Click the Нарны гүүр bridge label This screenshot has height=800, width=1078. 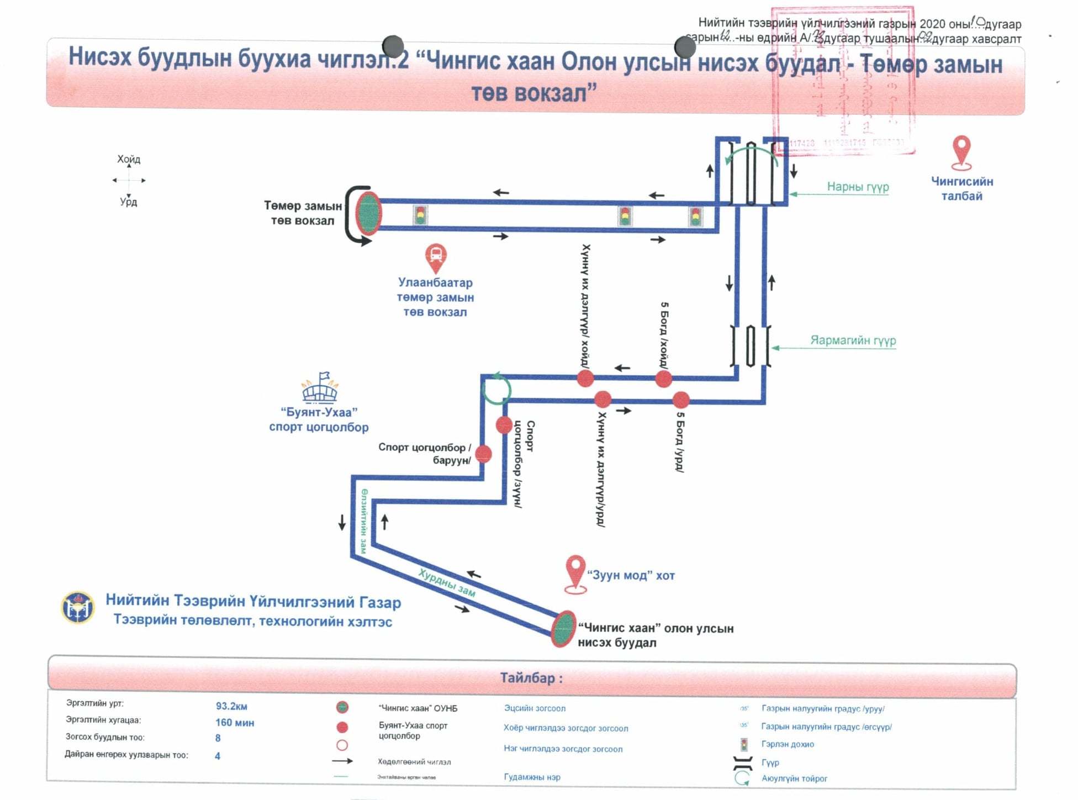tap(857, 187)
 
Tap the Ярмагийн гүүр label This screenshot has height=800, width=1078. tap(853, 340)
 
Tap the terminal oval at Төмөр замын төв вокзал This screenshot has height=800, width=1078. tap(368, 213)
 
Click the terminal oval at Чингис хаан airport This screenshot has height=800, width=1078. tap(563, 628)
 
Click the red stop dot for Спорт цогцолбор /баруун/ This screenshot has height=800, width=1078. tap(483, 454)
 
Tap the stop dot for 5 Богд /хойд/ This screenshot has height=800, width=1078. tap(663, 379)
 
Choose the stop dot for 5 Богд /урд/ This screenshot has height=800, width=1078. tap(681, 399)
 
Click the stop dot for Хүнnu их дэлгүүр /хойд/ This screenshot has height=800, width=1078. tap(585, 378)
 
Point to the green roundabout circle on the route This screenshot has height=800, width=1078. tap(496, 389)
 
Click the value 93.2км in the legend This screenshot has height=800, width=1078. tap(231, 706)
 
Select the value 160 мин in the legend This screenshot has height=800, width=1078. tap(235, 723)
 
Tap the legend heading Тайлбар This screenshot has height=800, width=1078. tap(531, 678)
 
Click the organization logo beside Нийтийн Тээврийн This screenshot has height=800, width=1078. tap(78, 607)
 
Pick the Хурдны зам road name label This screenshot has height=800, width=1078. tap(446, 583)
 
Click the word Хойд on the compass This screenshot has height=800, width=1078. tap(129, 159)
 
